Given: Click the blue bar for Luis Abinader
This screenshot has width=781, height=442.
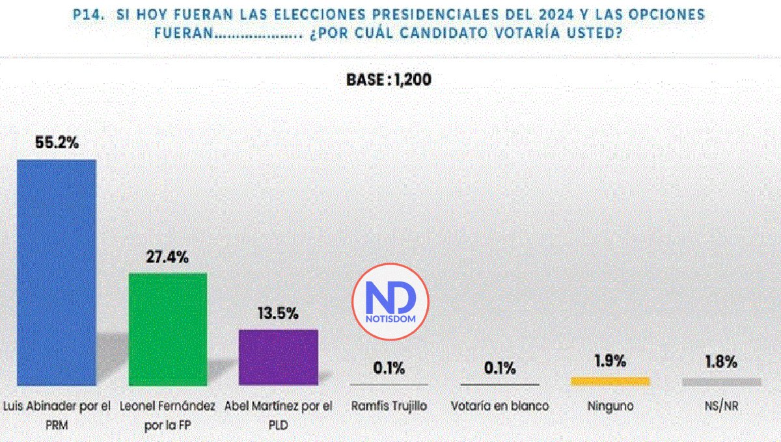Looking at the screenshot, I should [x=56, y=272].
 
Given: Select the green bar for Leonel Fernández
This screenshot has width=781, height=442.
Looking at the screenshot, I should [x=168, y=328].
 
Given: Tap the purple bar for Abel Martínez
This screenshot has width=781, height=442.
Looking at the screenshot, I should [x=279, y=357].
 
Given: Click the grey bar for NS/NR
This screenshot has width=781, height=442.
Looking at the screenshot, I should [x=721, y=382].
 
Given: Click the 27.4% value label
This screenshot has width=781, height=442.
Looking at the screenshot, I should [x=167, y=257].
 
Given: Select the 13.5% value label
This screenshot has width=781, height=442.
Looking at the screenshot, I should [x=278, y=314].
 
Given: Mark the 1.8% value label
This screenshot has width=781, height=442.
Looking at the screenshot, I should [x=721, y=361].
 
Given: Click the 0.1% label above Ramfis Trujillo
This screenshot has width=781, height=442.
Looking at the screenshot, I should [x=389, y=369].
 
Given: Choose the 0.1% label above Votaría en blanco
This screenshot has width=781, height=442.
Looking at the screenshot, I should [x=499, y=369].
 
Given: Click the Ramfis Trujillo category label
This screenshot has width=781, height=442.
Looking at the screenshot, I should [x=389, y=406].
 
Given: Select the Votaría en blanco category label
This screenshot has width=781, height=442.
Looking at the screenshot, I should [x=499, y=406].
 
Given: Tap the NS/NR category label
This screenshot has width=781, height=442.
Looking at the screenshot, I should [x=721, y=406].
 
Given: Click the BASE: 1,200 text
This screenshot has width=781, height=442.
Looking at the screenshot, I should [x=389, y=80].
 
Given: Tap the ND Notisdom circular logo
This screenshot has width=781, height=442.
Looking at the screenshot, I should [x=390, y=301].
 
